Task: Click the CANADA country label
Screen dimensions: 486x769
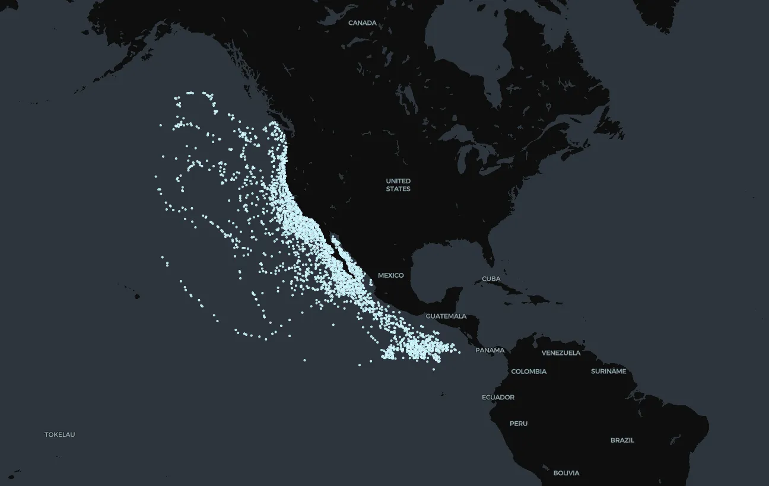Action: point(362,23)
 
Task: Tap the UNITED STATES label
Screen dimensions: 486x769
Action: point(398,185)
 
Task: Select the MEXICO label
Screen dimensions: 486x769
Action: point(390,275)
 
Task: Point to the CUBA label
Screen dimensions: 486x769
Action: point(491,279)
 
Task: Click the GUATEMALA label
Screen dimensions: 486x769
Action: point(446,316)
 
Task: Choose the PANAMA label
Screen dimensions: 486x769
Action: point(490,350)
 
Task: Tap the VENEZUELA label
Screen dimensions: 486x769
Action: point(561,353)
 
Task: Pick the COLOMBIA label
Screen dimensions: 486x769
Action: point(529,371)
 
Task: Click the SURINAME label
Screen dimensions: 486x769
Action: point(608,371)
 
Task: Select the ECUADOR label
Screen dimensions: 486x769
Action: point(498,398)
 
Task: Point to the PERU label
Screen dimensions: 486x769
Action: point(518,424)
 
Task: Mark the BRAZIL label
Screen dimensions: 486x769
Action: point(622,440)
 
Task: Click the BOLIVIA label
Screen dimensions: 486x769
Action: point(566,473)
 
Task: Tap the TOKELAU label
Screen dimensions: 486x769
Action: point(59,434)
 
